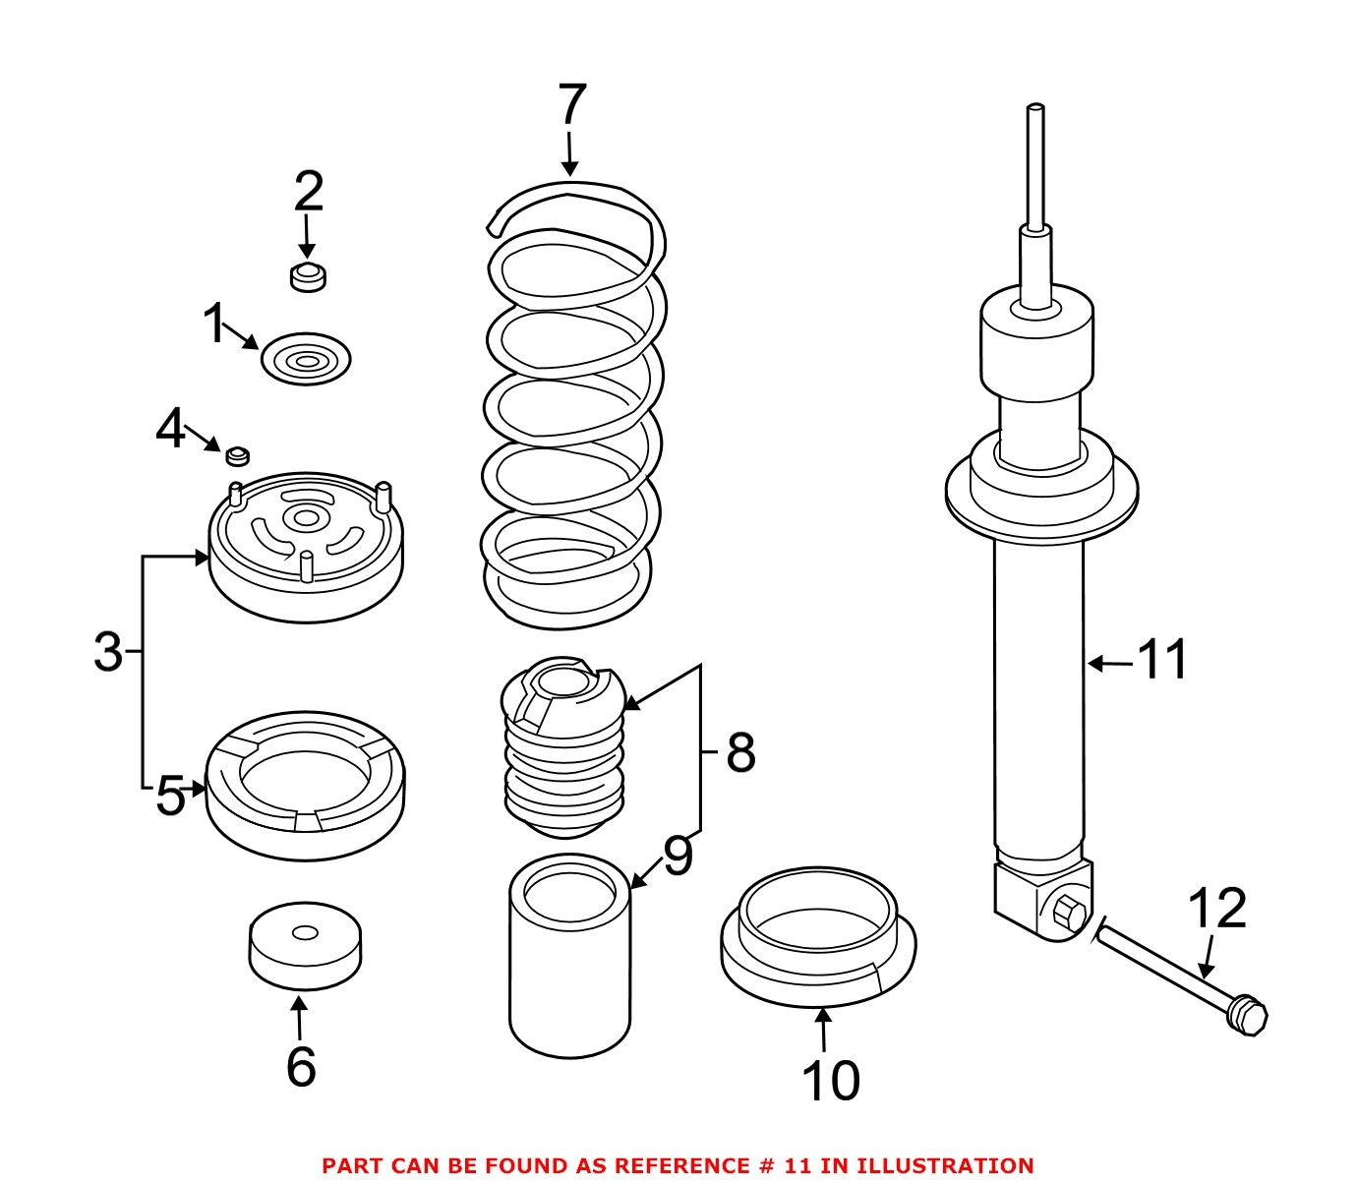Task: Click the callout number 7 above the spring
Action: tap(571, 105)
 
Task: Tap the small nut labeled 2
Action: tap(309, 277)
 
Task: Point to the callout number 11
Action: tap(1162, 660)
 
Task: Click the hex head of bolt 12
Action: tap(1248, 1015)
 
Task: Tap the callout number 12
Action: tap(1216, 909)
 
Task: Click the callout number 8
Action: tap(740, 753)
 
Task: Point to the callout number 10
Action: tap(831, 1081)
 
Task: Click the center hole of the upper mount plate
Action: tap(306, 518)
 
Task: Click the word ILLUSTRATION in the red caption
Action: tap(945, 1166)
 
